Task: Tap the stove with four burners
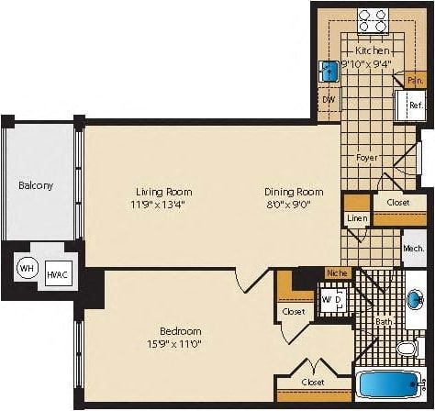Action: pos(374,20)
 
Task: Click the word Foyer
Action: pos(367,157)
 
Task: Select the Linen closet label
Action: pos(356,218)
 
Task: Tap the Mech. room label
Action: pos(413,249)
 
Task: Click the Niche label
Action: pos(335,272)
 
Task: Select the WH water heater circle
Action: pos(26,269)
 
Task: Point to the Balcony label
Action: pos(36,185)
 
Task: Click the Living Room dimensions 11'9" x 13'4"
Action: pos(165,205)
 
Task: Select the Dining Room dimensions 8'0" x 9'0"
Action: pos(294,205)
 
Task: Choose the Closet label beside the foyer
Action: pos(397,202)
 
